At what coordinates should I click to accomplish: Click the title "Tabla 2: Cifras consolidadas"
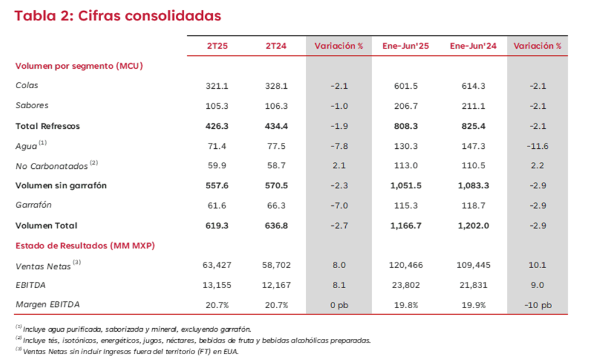click(x=118, y=16)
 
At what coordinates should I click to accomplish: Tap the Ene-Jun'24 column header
click(x=473, y=46)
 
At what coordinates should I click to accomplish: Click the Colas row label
click(x=27, y=86)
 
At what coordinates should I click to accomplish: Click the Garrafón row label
click(x=34, y=206)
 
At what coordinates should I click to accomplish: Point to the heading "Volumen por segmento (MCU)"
click(x=79, y=66)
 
